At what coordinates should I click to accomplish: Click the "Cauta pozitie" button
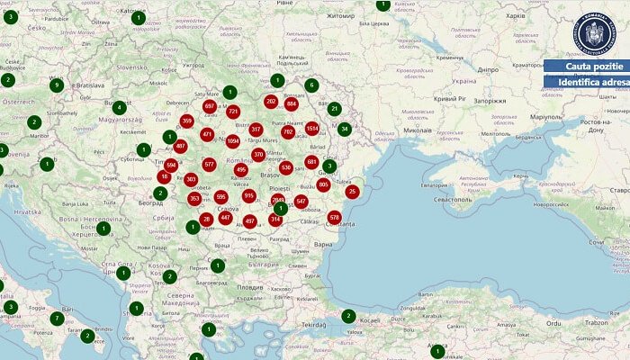(x=587, y=67)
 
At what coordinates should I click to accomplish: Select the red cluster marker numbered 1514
(x=312, y=129)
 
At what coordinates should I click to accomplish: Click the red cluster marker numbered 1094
(x=233, y=141)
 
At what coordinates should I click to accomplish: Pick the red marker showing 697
(x=210, y=106)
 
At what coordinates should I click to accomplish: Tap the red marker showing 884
(x=291, y=104)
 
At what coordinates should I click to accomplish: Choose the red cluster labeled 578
(x=335, y=217)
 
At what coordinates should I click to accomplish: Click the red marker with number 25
(x=352, y=191)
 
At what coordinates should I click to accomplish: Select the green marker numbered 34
(x=344, y=129)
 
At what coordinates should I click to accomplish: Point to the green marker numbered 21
(x=334, y=109)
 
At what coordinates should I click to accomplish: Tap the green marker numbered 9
(x=57, y=85)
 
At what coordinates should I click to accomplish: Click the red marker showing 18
(x=164, y=176)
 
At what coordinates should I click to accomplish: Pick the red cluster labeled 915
(x=249, y=195)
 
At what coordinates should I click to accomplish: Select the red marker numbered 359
(x=187, y=121)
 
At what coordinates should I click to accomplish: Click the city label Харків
(x=516, y=16)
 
